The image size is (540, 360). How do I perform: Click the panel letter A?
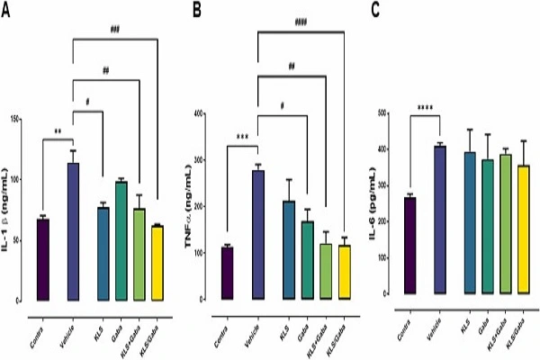pyautogui.click(x=8, y=11)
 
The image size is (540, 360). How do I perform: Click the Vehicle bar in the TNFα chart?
pyautogui.click(x=258, y=234)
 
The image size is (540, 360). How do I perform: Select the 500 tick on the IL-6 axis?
pyautogui.click(x=386, y=113)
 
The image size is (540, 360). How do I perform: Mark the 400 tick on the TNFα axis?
pyautogui.click(x=209, y=114)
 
